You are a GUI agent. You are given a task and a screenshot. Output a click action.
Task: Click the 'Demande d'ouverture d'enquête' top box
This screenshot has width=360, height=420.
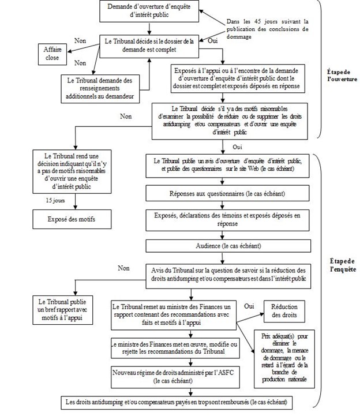click(x=149, y=11)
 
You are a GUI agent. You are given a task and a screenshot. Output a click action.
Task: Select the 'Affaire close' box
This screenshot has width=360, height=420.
click(x=52, y=54)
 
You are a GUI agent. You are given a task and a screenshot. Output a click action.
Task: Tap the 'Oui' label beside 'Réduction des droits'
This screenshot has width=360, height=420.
click(x=249, y=305)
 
